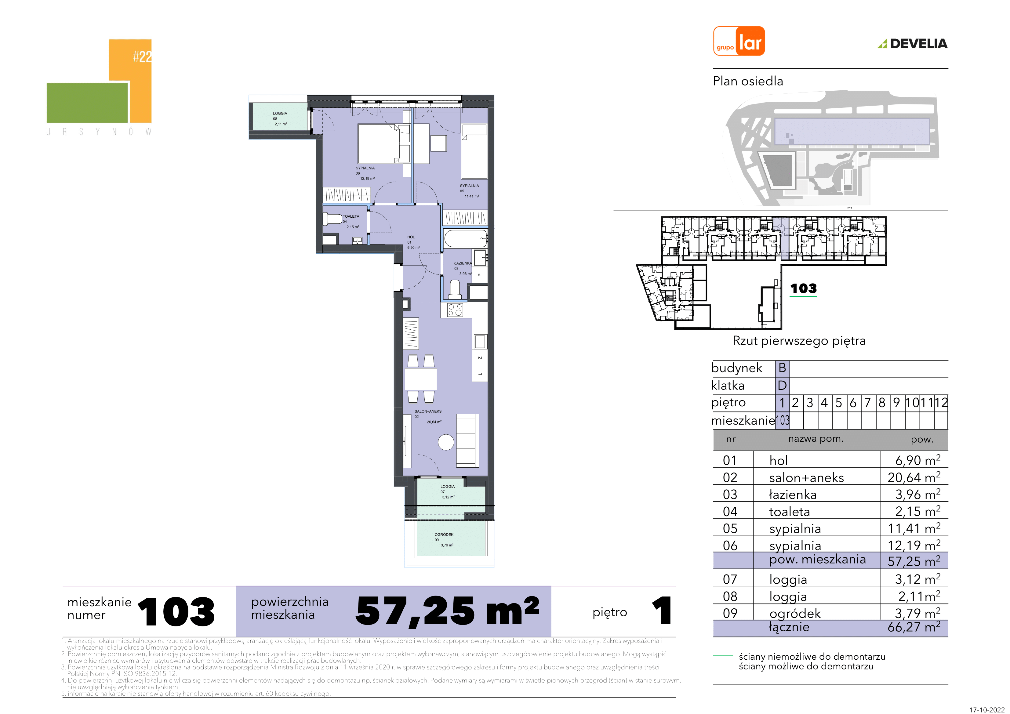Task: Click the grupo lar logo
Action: (x=739, y=41)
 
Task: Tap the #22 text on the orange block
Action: (x=142, y=56)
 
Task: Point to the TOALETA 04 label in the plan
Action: (x=351, y=222)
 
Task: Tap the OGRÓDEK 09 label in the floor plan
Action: (x=444, y=540)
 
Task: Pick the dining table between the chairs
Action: (x=420, y=379)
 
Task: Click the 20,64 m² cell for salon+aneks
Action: (x=914, y=477)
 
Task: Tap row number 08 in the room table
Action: (x=730, y=596)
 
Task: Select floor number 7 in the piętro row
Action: (x=867, y=403)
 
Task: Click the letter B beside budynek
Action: (x=782, y=368)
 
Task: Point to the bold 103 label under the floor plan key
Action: (x=803, y=288)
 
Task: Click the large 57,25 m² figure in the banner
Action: (x=447, y=611)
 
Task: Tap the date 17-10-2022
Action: (x=987, y=710)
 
